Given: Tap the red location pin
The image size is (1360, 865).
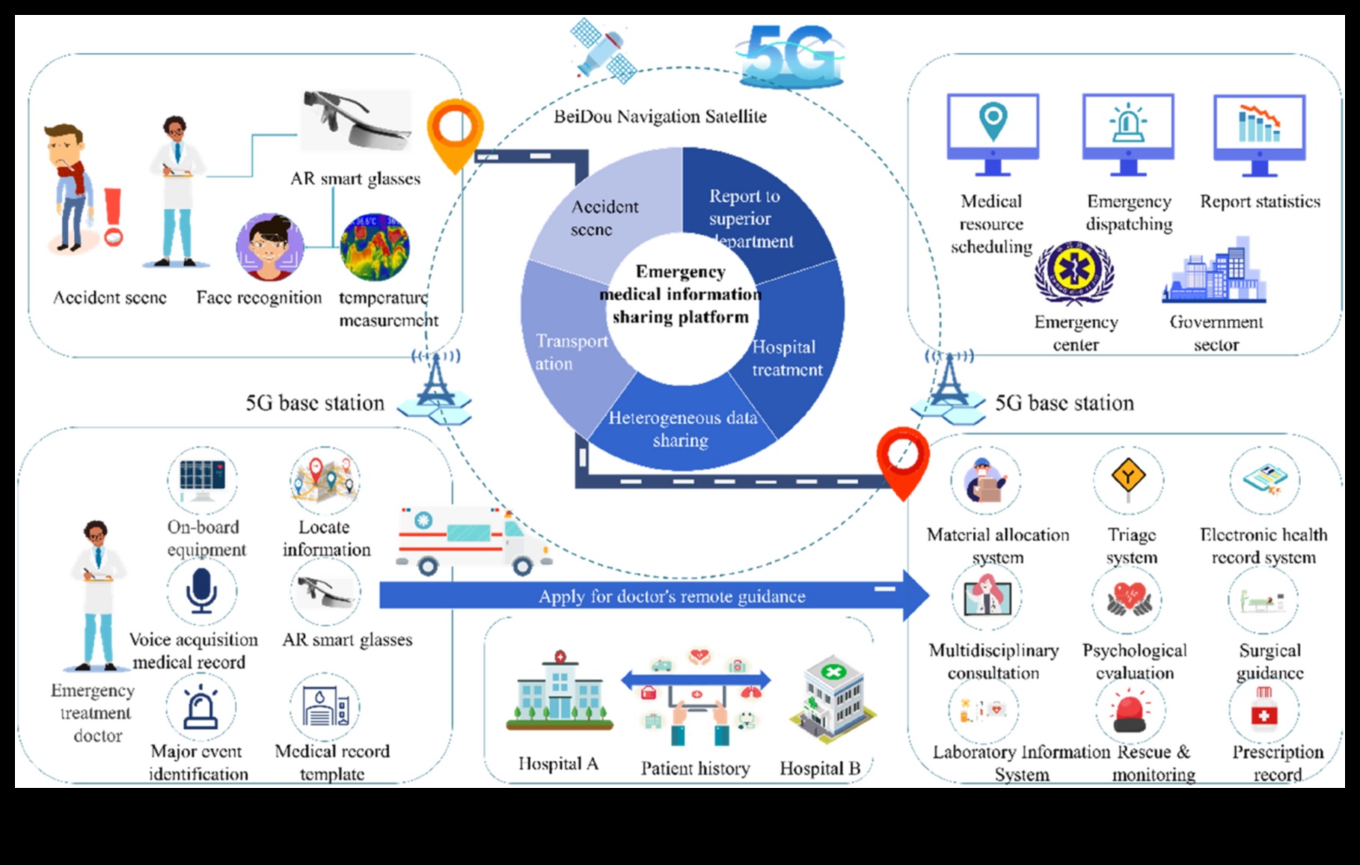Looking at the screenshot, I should click(903, 458).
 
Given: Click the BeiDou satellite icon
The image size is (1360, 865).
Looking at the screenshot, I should click(603, 49).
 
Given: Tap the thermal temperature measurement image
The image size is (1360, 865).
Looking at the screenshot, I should click(374, 247).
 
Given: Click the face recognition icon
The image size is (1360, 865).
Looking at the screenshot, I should click(269, 248).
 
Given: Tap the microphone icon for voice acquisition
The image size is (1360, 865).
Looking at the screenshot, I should click(201, 590).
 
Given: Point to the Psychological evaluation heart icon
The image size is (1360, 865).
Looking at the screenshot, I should click(1130, 599).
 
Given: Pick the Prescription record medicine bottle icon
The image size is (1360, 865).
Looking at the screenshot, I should click(1263, 710).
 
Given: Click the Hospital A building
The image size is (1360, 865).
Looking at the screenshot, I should click(560, 691).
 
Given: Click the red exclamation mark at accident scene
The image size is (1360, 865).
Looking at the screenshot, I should click(113, 216).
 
